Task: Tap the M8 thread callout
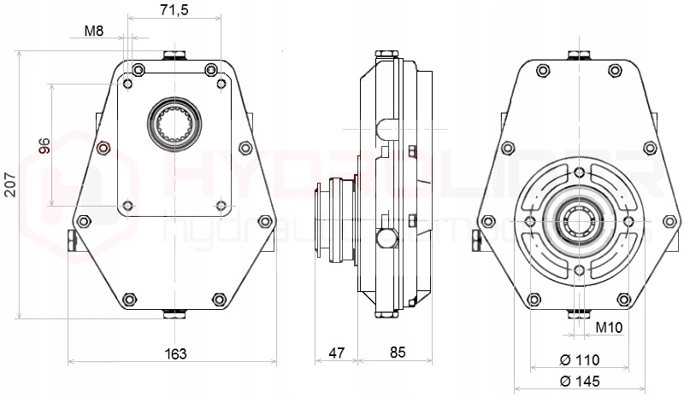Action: point(94,32)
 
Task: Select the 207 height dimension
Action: point(11,183)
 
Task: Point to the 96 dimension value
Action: point(45,144)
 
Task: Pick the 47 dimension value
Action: point(337,353)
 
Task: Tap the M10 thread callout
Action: point(608,328)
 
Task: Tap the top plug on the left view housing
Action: point(174,57)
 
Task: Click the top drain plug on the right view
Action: point(579,57)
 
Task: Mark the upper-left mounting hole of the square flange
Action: point(128,84)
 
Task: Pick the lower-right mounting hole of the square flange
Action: point(221,205)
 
